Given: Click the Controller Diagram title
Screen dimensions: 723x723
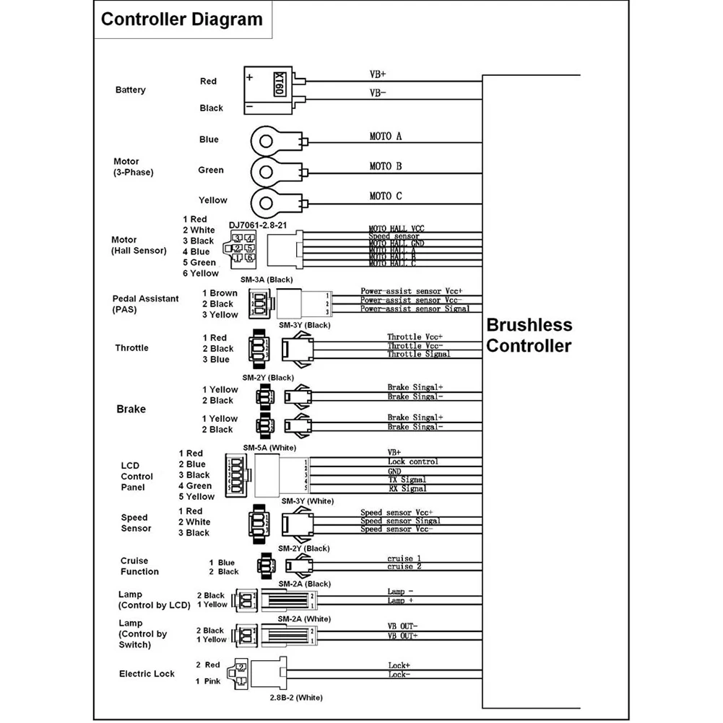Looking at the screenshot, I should point(181,19).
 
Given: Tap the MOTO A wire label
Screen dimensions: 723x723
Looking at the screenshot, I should point(385,137).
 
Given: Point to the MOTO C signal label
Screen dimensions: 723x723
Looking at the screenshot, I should point(385,196).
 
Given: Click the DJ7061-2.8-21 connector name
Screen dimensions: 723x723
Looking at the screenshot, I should point(259,225).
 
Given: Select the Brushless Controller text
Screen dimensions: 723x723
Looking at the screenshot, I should point(529,335).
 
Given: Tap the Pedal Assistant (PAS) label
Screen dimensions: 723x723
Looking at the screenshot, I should point(145,304).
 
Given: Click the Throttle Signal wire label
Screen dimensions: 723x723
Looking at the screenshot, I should point(418,354).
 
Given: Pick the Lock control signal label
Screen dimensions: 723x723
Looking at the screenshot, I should point(412,462).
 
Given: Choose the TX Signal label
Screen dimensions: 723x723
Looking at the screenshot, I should point(407,480).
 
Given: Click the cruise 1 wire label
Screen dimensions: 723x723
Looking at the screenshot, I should point(404,558).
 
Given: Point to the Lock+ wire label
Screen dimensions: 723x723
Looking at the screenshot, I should point(399,665).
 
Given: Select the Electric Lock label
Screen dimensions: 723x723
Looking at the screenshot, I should point(147,674).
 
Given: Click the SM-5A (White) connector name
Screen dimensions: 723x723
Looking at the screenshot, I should point(269,447).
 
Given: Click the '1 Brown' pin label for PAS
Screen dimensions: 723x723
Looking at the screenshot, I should point(220,293).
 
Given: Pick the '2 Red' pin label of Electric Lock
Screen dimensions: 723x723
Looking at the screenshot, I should point(207,664).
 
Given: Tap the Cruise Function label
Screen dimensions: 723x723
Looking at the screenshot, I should point(139,566).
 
